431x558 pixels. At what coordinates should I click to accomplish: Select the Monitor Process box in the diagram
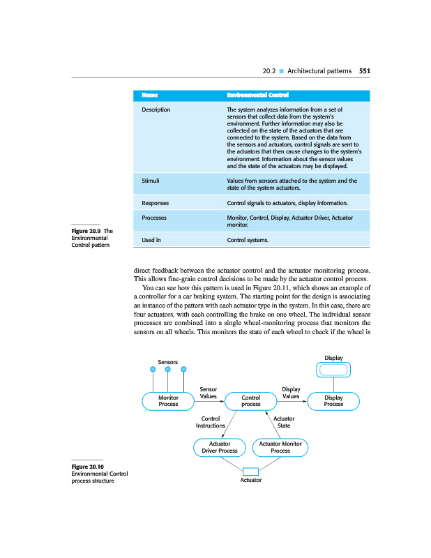point(168,400)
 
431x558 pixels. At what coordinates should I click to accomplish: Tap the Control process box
point(250,400)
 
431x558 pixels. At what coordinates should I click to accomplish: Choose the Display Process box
point(333,400)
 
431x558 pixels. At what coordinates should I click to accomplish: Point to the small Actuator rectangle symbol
point(250,471)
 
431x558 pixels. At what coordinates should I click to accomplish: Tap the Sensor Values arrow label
point(208,392)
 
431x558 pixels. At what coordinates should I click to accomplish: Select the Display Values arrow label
point(291,392)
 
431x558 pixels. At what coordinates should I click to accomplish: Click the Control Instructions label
point(211,421)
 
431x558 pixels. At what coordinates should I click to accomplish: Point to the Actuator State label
point(284,421)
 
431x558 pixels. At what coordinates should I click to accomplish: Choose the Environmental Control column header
point(258,95)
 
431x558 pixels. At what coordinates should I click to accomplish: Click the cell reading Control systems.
point(248,240)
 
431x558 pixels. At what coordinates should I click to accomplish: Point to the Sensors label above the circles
point(168,362)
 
